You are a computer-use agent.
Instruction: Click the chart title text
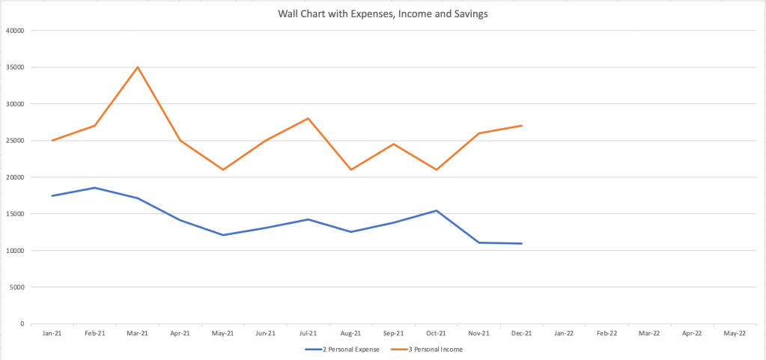click(383, 13)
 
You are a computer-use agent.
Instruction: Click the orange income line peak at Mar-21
click(138, 67)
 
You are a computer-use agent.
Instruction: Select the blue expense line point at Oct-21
click(437, 210)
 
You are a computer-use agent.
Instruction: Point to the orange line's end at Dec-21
click(521, 126)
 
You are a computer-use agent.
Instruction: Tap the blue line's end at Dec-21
click(521, 243)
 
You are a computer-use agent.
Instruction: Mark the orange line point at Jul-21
click(308, 118)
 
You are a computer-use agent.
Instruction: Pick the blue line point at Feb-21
click(95, 188)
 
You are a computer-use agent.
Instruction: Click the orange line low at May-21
click(223, 170)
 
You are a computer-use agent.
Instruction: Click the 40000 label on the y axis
click(16, 31)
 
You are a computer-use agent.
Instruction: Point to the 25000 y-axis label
click(16, 141)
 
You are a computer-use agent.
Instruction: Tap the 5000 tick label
click(18, 287)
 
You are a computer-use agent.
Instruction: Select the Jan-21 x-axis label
click(52, 334)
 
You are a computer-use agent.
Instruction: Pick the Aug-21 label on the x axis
click(351, 334)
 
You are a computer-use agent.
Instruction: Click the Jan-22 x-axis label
click(564, 334)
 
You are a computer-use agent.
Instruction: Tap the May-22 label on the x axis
click(735, 334)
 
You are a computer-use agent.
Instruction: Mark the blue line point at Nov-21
click(478, 242)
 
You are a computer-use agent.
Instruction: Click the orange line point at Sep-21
click(394, 144)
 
